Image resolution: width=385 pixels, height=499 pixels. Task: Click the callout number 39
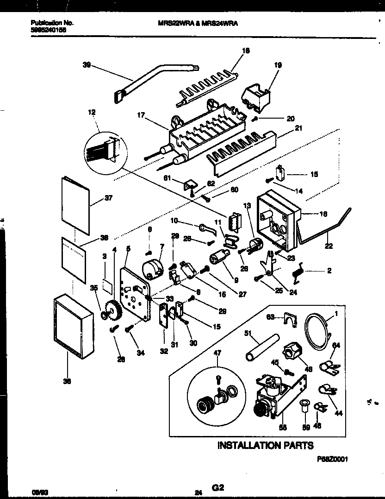click(x=87, y=66)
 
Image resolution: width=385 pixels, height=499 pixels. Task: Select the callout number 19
click(x=277, y=65)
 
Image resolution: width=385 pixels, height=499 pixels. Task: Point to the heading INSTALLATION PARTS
click(x=265, y=445)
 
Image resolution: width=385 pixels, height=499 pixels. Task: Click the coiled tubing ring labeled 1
click(x=319, y=331)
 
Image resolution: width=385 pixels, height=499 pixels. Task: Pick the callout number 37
click(x=109, y=198)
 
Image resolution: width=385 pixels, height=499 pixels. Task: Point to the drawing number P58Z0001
click(x=333, y=457)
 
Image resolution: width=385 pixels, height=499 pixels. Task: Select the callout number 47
click(x=217, y=354)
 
